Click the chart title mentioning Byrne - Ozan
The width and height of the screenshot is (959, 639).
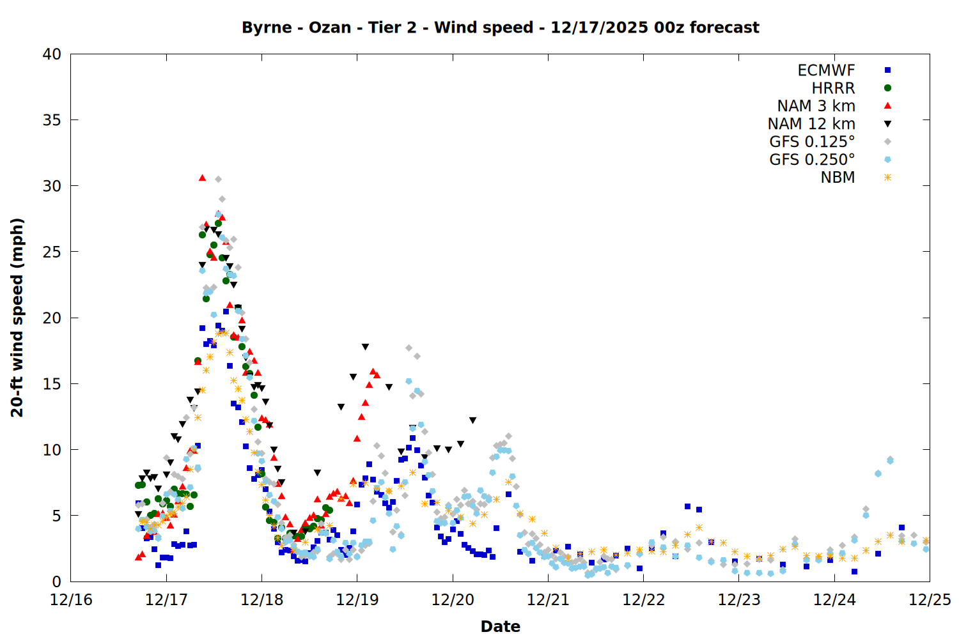pos(501,27)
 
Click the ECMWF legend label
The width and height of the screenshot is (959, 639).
pos(826,70)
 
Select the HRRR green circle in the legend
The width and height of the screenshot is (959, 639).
pos(887,88)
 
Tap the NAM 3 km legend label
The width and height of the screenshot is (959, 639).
pos(816,106)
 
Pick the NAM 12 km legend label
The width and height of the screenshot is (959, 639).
pos(811,124)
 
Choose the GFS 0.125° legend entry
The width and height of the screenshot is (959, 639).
pos(812,142)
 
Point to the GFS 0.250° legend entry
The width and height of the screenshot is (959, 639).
pos(812,160)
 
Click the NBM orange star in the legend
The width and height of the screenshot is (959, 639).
pos(887,178)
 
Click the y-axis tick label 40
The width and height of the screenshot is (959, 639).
pos(52,54)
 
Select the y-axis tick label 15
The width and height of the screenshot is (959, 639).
pos(52,384)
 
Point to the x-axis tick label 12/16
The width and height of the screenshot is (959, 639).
pos(71,600)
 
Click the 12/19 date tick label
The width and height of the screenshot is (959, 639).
pos(357,600)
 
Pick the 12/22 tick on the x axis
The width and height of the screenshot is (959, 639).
pos(643,600)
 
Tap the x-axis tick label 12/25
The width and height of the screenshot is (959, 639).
pos(930,600)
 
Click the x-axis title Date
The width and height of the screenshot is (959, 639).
pos(501,626)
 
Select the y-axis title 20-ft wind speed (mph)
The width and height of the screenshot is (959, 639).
pos(17,318)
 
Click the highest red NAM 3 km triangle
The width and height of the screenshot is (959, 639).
pos(202,178)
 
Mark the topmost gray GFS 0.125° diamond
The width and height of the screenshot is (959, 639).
pos(218,180)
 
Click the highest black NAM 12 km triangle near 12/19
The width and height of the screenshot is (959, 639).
pos(365,347)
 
